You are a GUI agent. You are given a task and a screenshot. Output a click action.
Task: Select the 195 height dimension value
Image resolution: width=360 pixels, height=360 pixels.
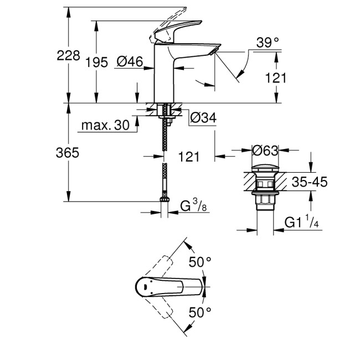pyautogui.click(x=96, y=63)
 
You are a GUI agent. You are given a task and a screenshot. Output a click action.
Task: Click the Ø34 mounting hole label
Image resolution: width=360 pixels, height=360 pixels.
pyautogui.click(x=203, y=117)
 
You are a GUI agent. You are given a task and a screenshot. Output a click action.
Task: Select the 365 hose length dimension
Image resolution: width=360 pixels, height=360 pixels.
pyautogui.click(x=67, y=153)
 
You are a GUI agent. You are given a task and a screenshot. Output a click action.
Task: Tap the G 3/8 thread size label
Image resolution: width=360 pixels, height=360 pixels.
pyautogui.click(x=194, y=208)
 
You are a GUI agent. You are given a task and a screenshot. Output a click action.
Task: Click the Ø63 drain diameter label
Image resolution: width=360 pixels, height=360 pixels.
pyautogui.click(x=265, y=151)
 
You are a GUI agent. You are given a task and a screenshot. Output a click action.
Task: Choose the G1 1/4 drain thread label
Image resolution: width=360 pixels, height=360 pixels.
pyautogui.click(x=301, y=223)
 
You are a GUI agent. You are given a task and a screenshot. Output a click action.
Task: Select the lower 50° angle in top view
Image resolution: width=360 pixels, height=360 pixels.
pyautogui.click(x=200, y=313)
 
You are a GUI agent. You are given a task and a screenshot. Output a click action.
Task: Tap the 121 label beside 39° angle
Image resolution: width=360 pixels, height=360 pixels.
pyautogui.click(x=276, y=78)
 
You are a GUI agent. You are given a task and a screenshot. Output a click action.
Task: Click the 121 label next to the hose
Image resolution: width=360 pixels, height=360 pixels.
pyautogui.click(x=189, y=157)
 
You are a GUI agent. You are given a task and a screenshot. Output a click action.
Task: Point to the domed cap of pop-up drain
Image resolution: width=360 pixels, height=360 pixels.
pyautogui.click(x=265, y=167)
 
